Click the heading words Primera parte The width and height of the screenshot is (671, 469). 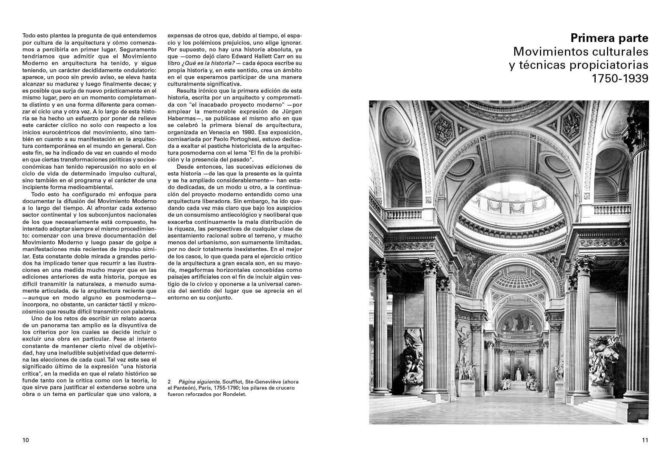click(609, 38)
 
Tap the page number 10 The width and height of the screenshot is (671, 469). click(25, 440)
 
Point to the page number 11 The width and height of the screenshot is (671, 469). click(645, 440)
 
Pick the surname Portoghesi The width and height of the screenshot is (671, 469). click(251, 139)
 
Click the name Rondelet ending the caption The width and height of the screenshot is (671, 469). click(234, 394)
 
